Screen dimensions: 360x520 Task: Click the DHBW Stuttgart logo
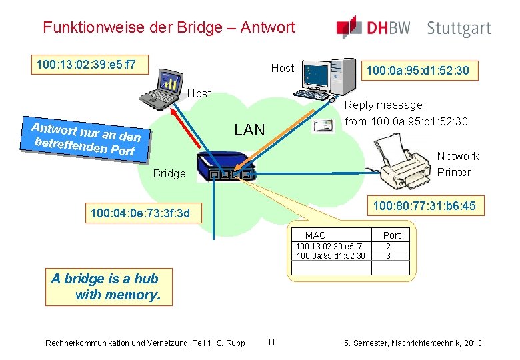point(413,28)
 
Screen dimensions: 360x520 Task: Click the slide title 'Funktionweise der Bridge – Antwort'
point(169,27)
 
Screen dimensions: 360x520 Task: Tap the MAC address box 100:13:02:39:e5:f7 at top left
point(87,65)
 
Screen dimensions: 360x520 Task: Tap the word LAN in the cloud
point(249,130)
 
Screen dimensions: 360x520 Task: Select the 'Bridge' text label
point(169,173)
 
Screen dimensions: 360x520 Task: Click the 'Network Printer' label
point(457,164)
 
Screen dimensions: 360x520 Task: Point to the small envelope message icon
point(324,126)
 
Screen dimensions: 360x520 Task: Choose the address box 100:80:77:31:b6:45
point(424,206)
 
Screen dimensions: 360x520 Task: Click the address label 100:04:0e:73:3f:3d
point(140,214)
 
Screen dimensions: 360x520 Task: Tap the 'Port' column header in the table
point(392,235)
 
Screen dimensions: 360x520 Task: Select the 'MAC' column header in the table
point(315,235)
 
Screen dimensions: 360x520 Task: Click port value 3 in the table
point(389,255)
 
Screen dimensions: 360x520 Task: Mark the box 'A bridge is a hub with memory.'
point(106,287)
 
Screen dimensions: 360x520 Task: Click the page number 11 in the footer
point(271,343)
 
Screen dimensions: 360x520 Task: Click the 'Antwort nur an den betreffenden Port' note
point(86,138)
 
